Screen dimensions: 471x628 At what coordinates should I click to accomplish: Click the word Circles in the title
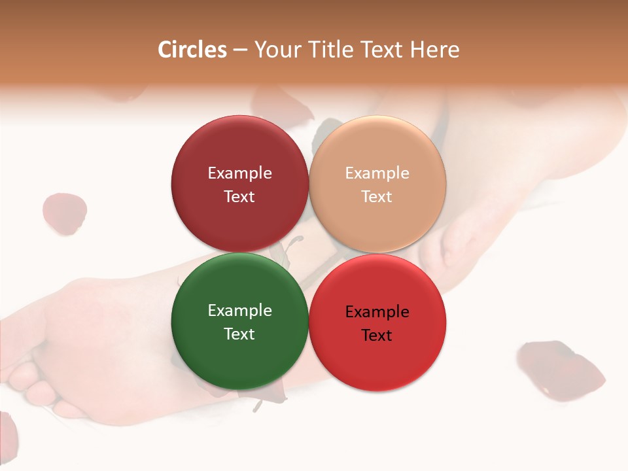[192, 50]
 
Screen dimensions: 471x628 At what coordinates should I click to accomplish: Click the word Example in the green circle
[239, 311]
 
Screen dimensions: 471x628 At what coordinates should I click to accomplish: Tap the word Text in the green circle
[239, 334]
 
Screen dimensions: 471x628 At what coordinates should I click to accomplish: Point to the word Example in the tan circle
[377, 173]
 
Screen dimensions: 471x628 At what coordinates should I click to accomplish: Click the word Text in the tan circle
[377, 196]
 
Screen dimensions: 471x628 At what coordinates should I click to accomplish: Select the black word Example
[377, 312]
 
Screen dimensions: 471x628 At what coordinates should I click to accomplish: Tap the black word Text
[377, 335]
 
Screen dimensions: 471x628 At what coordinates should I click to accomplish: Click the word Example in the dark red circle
[239, 173]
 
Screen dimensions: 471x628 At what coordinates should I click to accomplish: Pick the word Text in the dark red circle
[239, 196]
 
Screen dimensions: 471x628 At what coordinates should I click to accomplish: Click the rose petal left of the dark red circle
[64, 213]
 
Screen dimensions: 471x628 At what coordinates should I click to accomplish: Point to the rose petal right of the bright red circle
[561, 368]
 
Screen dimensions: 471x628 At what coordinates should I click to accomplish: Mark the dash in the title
[240, 50]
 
